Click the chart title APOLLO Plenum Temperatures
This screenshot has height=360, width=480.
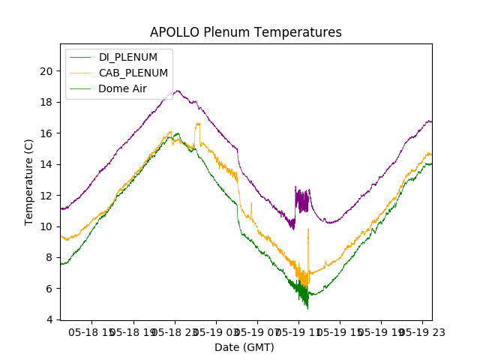[x=246, y=32]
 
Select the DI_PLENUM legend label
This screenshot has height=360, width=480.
[x=128, y=57]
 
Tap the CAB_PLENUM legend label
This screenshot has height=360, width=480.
[x=133, y=73]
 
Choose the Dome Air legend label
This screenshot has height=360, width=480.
[x=122, y=88]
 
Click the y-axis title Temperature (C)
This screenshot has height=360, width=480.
[x=29, y=181]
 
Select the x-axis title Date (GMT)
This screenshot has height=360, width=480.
[x=244, y=347]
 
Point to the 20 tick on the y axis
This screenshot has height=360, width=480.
[x=47, y=71]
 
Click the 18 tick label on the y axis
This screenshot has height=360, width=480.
[x=47, y=102]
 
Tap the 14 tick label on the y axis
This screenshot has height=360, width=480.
[x=47, y=164]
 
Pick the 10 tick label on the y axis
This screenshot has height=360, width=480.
[x=47, y=226]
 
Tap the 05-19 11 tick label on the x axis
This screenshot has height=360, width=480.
[x=298, y=331]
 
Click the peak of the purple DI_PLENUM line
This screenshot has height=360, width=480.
[x=178, y=91]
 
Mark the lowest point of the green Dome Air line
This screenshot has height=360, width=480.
[x=307, y=308]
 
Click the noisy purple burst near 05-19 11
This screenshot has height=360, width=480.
[x=302, y=201]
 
